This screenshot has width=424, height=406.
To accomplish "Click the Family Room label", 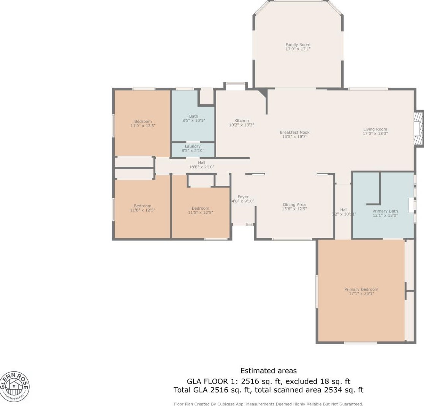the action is click(x=298, y=44).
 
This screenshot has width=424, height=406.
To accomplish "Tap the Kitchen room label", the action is click(x=242, y=120).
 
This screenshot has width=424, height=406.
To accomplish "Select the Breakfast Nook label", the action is click(x=294, y=132).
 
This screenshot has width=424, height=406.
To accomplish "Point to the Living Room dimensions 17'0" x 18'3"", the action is click(x=375, y=134).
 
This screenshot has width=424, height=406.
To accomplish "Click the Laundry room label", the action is click(x=193, y=146).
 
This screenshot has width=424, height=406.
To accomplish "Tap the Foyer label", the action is click(x=243, y=197).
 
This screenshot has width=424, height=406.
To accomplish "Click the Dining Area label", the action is click(x=294, y=205).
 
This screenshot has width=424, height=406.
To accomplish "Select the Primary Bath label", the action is click(x=385, y=211).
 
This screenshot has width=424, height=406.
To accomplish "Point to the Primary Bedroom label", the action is click(x=361, y=289).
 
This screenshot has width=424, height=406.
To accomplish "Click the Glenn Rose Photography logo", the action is click(x=14, y=386).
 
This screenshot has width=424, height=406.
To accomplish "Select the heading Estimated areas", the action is click(x=269, y=371).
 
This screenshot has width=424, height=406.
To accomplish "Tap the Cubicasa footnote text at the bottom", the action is click(x=268, y=404).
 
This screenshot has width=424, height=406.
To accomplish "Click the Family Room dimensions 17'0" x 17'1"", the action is click(x=298, y=49).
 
